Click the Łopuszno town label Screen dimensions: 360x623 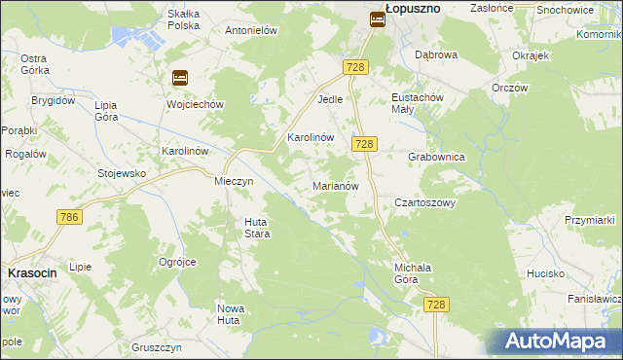pyautogui.click(x=413, y=7)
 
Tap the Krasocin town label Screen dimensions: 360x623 pyautogui.click(x=32, y=273)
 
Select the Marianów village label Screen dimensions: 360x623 pyautogui.click(x=337, y=185)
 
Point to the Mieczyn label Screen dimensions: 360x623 pyautogui.click(x=234, y=181)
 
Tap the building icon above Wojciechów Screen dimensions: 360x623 pyautogui.click(x=180, y=78)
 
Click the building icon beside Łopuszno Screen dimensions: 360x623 pyautogui.click(x=377, y=18)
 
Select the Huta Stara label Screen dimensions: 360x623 pyautogui.click(x=256, y=228)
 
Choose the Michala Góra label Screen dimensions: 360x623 pyautogui.click(x=413, y=272)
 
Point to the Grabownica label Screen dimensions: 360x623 pyautogui.click(x=436, y=157)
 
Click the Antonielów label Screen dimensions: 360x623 pyautogui.click(x=252, y=30)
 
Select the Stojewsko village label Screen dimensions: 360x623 pyautogui.click(x=122, y=174)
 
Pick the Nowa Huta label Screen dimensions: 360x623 pyautogui.click(x=230, y=313)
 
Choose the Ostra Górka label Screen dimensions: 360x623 pyautogui.click(x=35, y=64)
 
